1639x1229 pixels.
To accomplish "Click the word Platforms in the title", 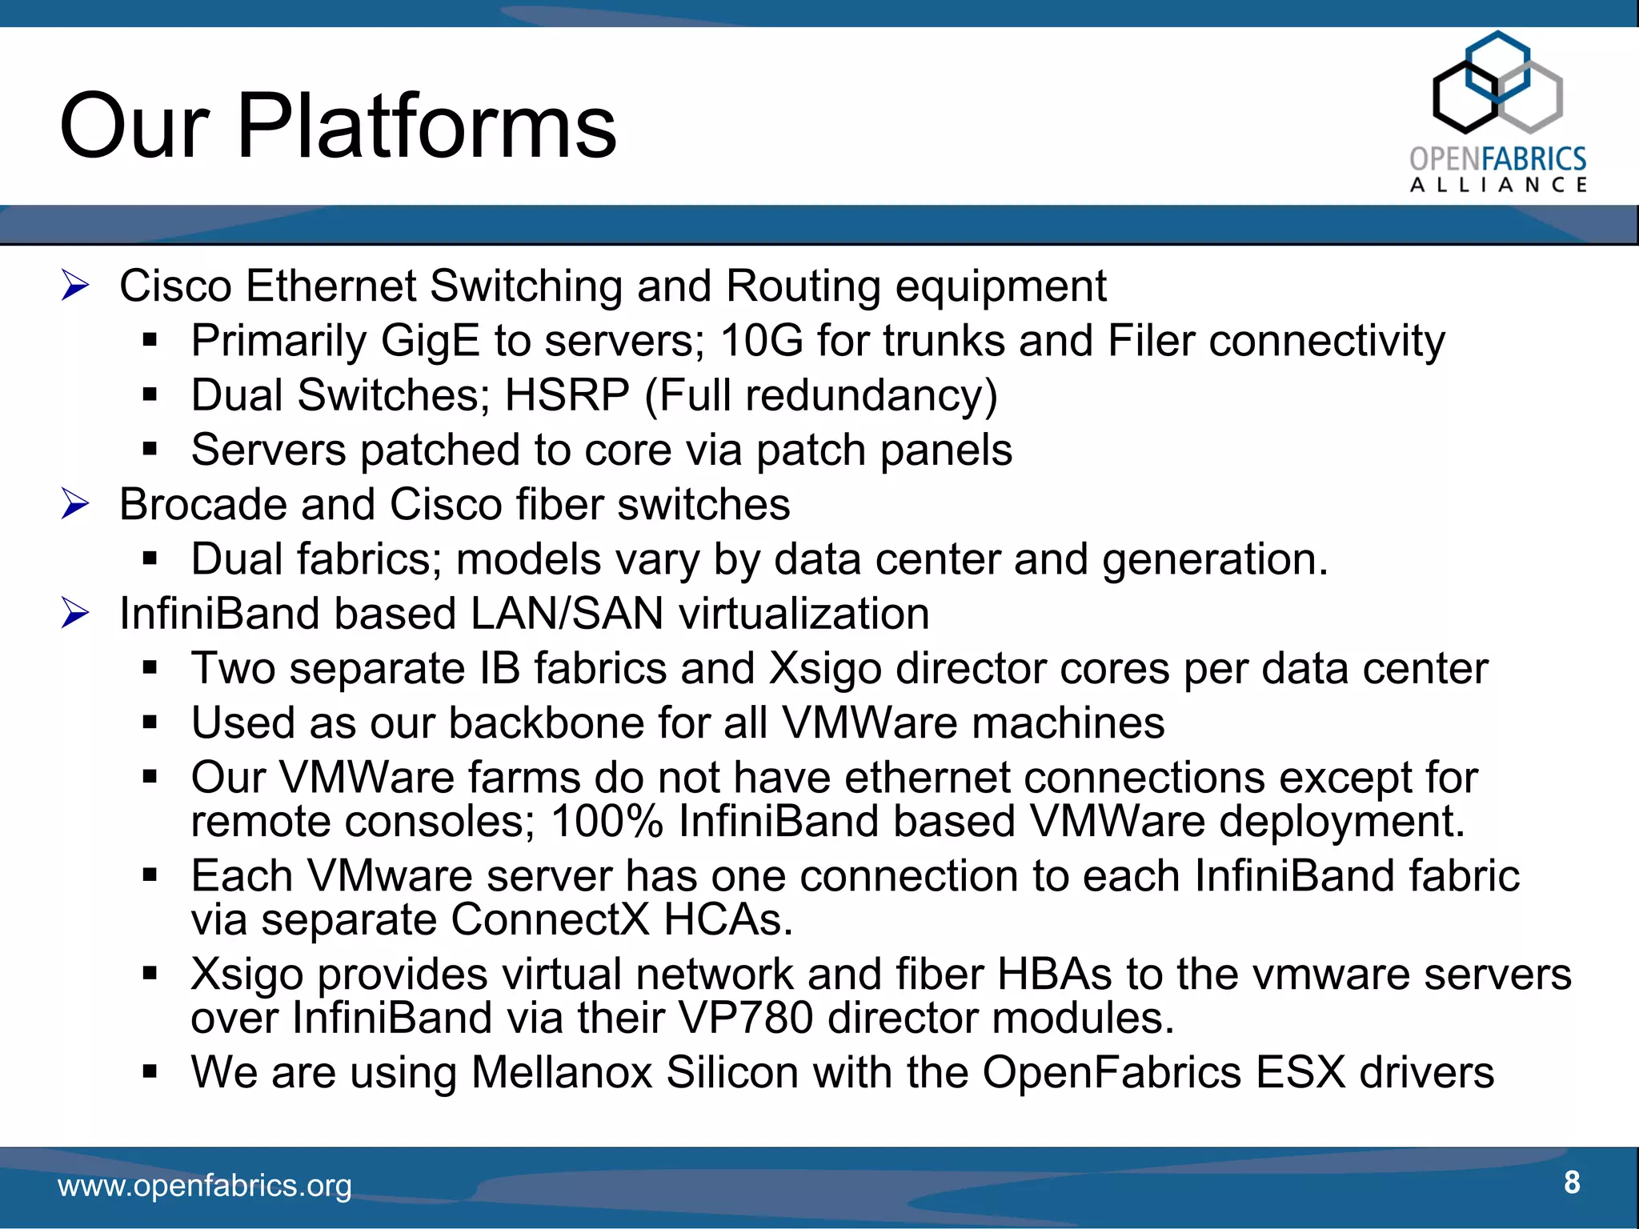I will pyautogui.click(x=427, y=126).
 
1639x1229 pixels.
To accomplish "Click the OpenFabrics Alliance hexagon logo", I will pyautogui.click(x=1497, y=83).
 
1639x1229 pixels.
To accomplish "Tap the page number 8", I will pyautogui.click(x=1572, y=1182).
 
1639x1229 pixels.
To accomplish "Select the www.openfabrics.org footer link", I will pyautogui.click(x=205, y=1185).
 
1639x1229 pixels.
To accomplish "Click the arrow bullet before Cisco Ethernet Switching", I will pyautogui.click(x=75, y=286).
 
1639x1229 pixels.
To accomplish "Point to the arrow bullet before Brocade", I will pyautogui.click(x=75, y=504).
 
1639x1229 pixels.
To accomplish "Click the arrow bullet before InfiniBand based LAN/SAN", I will pyautogui.click(x=75, y=614).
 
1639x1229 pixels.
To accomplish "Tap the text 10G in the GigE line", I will pyautogui.click(x=761, y=341).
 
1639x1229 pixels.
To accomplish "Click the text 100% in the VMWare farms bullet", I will pyautogui.click(x=607, y=822).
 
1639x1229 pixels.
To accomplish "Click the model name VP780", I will pyautogui.click(x=745, y=1018).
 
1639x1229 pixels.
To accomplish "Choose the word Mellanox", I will pyautogui.click(x=562, y=1072).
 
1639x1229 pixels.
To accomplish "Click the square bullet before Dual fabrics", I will pyautogui.click(x=150, y=558).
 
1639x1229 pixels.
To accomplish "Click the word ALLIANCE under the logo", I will pyautogui.click(x=1497, y=186).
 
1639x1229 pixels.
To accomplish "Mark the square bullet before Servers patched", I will pyautogui.click(x=150, y=449).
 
